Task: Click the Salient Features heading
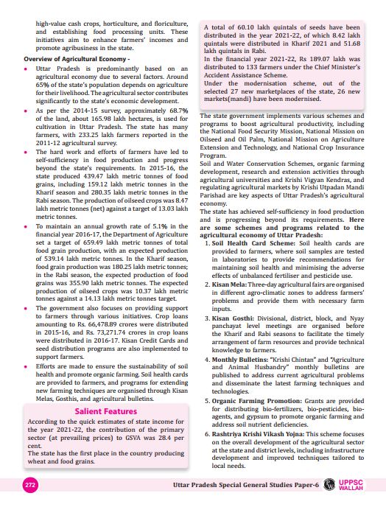click(x=106, y=410)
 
